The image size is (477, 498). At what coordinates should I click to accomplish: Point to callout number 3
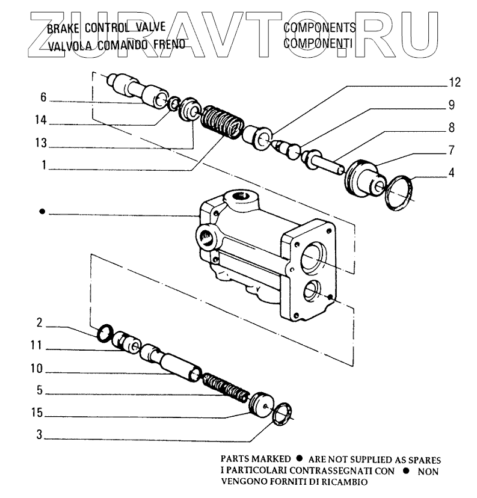[x=39, y=435]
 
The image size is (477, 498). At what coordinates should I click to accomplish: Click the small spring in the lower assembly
[x=225, y=387]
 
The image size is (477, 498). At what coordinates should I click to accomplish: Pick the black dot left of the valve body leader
[x=42, y=212]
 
